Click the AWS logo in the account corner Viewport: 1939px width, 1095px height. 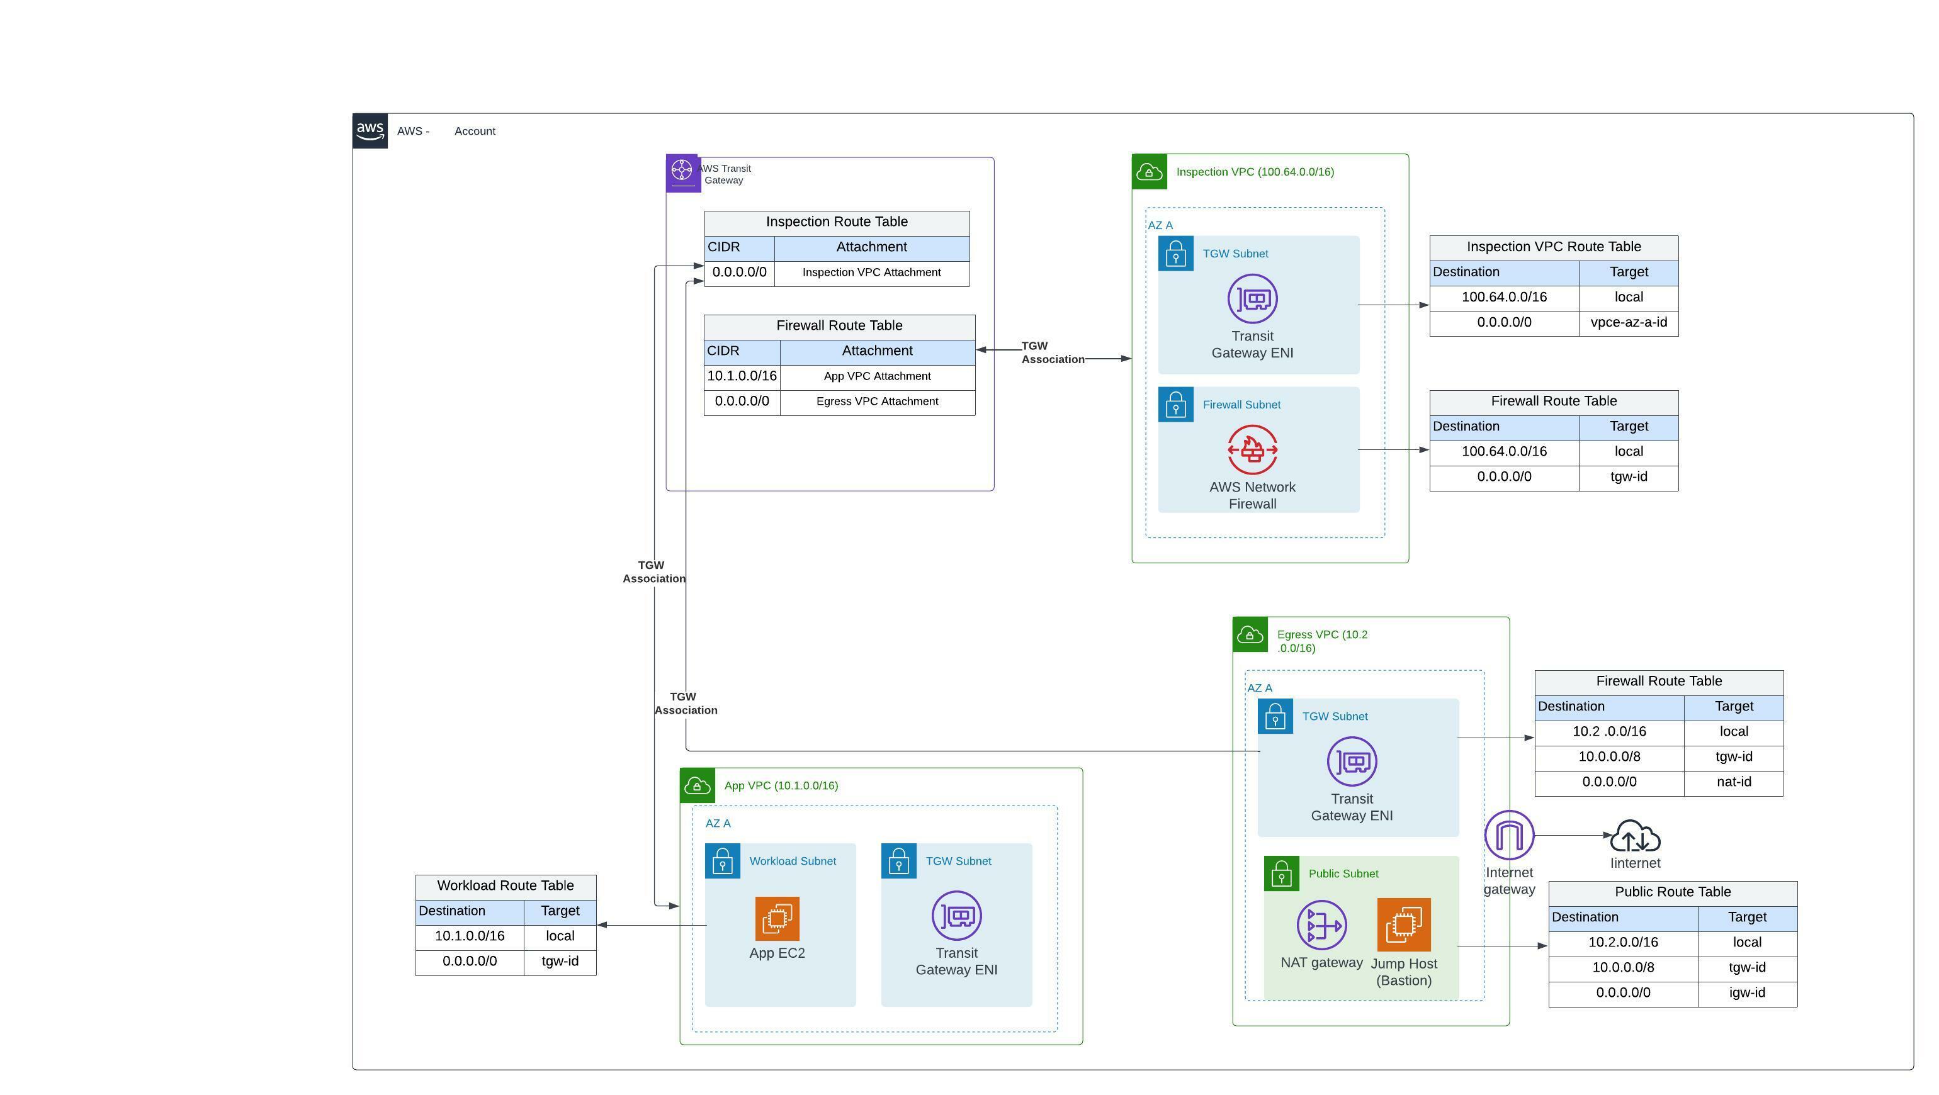[370, 131]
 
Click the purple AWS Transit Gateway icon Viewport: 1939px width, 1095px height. [682, 172]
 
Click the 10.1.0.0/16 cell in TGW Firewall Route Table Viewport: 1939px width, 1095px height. [742, 376]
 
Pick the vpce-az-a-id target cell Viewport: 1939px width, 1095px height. [1628, 323]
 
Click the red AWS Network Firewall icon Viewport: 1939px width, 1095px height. [1252, 450]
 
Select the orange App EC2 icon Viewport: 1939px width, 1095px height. [777, 918]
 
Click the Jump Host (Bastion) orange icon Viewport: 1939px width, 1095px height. [1403, 924]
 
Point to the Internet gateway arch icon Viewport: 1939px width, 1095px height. [1508, 835]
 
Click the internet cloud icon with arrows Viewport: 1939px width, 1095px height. [1635, 836]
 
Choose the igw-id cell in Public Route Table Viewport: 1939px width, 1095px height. [1746, 992]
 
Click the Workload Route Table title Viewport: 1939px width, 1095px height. [505, 886]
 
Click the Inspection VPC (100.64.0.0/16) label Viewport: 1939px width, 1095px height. [1255, 172]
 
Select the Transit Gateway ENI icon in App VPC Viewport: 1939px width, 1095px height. [956, 916]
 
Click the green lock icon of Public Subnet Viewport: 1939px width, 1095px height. [1281, 873]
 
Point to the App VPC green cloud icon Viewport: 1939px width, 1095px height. [697, 785]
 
